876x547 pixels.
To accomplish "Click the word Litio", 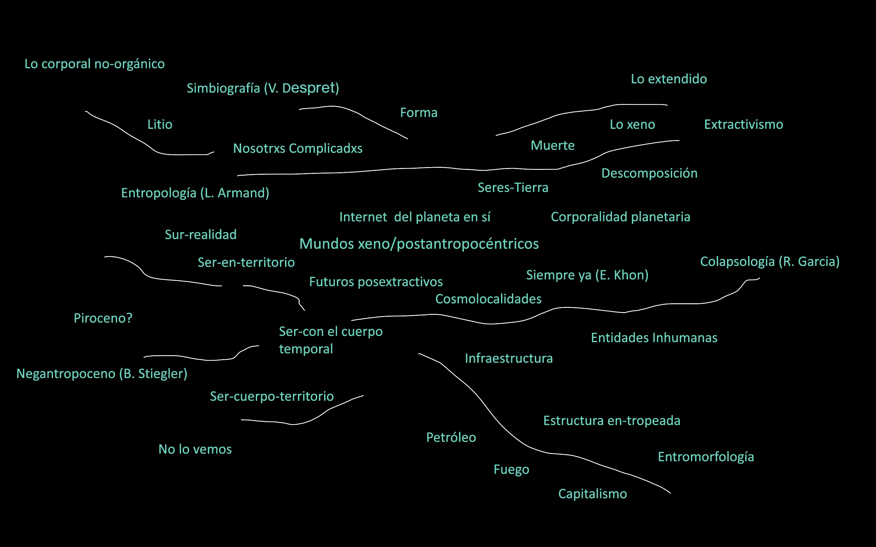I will click(160, 125).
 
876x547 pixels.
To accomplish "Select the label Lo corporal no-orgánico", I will click(95, 64).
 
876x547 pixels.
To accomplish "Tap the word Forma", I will click(419, 113).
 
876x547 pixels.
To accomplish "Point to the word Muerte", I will click(552, 146).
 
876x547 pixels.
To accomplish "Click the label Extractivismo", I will click(743, 125).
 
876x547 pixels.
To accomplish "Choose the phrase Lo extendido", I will click(669, 79).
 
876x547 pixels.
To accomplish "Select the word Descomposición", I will click(649, 173).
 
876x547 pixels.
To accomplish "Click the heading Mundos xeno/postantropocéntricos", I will click(419, 244).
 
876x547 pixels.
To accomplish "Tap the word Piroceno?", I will click(103, 318).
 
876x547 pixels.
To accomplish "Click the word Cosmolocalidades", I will click(488, 299).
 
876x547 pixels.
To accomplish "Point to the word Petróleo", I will click(451, 437).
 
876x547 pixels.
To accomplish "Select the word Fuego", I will click(511, 469).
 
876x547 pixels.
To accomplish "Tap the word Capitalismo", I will click(592, 494).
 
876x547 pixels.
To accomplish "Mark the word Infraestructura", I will click(509, 358).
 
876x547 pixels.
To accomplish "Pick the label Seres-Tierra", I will click(513, 187).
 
